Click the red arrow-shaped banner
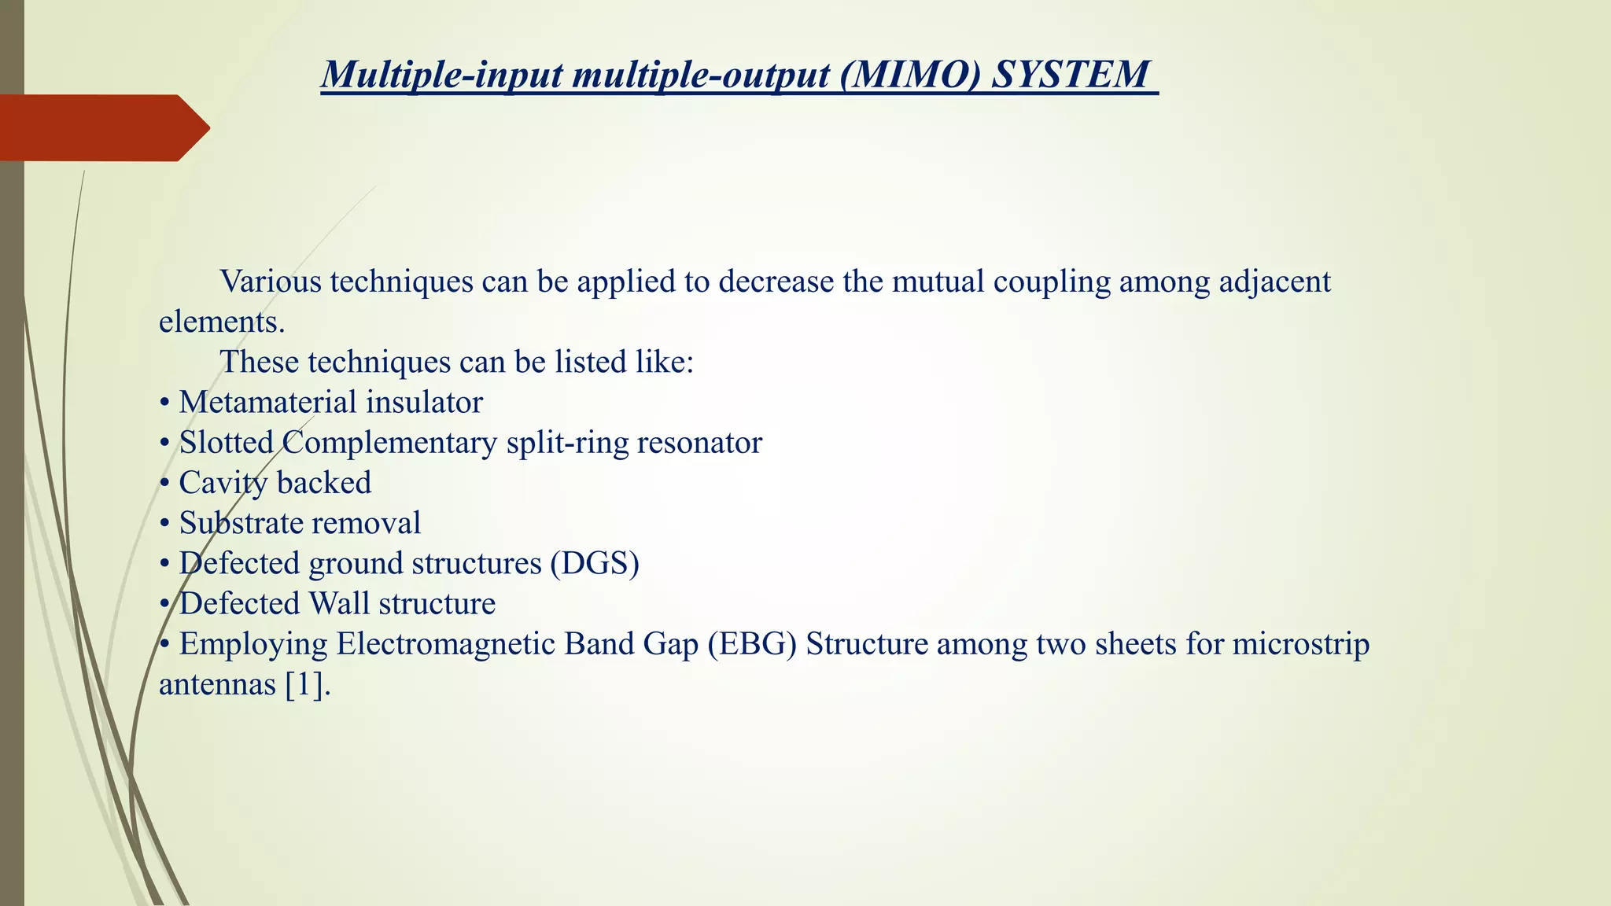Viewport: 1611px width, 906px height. [x=102, y=128]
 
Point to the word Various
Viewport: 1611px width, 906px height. [x=271, y=282]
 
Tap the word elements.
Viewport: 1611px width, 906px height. [x=221, y=322]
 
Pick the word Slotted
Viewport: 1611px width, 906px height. [x=226, y=443]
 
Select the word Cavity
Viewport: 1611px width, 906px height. [x=223, y=483]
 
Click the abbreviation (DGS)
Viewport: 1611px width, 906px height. [x=595, y=563]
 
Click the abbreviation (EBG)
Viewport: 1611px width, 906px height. [x=752, y=644]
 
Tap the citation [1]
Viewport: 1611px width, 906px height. [x=304, y=684]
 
